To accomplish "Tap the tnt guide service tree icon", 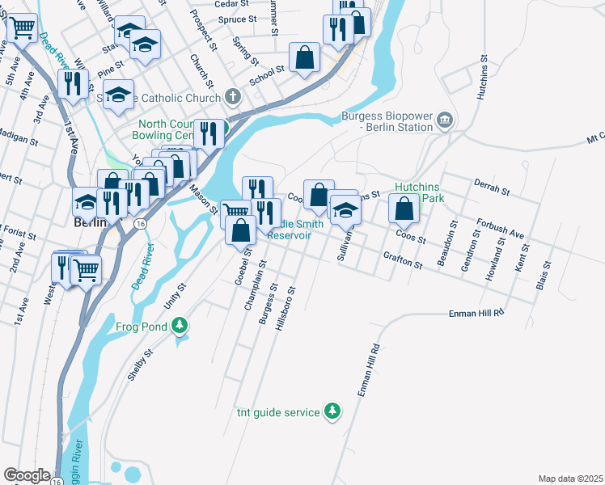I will click(x=332, y=411).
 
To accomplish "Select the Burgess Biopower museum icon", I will click(x=445, y=121).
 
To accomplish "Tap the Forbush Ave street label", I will click(x=500, y=230).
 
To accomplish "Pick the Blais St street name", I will click(x=542, y=276).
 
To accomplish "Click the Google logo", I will click(x=27, y=475).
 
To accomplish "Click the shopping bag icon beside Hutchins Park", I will click(x=403, y=208).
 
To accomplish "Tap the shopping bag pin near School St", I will click(x=304, y=57).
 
